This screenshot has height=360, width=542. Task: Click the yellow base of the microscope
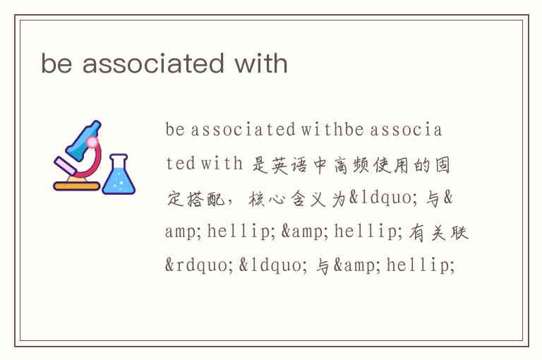77,186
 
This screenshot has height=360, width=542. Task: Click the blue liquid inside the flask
119,181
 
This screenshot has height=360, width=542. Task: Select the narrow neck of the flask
119,162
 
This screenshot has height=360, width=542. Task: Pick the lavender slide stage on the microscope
65,167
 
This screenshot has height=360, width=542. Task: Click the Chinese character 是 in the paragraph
260,164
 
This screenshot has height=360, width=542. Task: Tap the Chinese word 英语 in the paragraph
289,164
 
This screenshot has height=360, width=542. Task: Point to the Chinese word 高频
351,164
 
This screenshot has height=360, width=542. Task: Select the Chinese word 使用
391,164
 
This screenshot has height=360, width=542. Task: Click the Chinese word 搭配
207,198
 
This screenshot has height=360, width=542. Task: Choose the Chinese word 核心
267,198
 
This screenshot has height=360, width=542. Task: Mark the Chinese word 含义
308,198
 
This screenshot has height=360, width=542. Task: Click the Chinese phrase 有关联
439,232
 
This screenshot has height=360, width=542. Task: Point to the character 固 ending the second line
442,164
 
